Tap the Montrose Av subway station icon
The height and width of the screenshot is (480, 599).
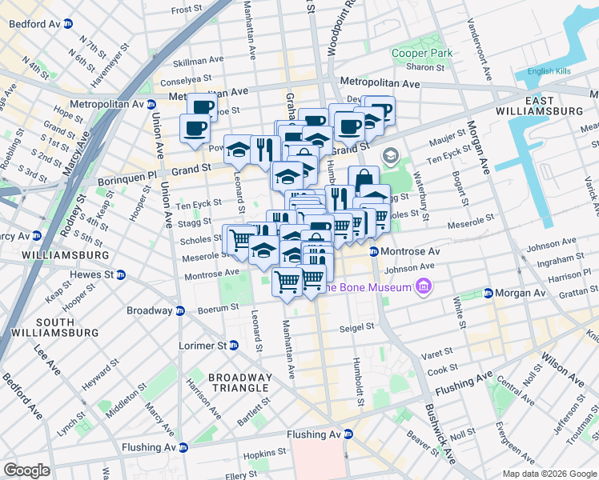pyautogui.click(x=373, y=252)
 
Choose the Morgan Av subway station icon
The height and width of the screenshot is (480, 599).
pyautogui.click(x=488, y=294)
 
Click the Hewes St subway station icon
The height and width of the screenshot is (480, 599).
pyautogui.click(x=121, y=274)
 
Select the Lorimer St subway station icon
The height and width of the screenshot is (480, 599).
pyautogui.click(x=233, y=346)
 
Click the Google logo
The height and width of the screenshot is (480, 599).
pyautogui.click(x=26, y=470)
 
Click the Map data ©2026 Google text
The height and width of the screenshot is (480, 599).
pyautogui.click(x=549, y=474)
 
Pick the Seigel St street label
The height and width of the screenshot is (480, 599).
pyautogui.click(x=357, y=326)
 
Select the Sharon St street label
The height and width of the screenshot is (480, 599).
pyautogui.click(x=424, y=68)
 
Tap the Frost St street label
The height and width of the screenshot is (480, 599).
pyautogui.click(x=187, y=10)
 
